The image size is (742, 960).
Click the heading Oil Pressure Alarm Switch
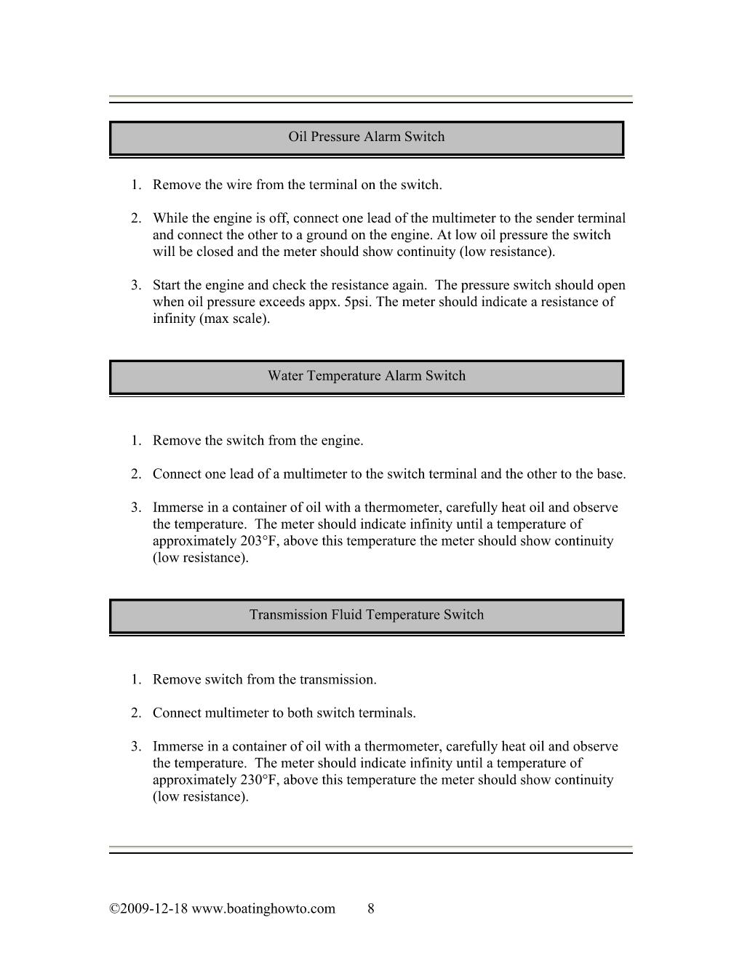tap(366, 137)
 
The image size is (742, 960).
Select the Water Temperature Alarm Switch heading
tap(366, 376)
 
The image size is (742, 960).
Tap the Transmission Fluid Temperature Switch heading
tap(366, 615)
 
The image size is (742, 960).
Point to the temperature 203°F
tap(259, 541)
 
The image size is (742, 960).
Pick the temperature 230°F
tap(259, 780)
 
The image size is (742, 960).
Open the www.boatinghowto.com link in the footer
tap(263, 908)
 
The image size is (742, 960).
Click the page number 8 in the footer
tap(371, 908)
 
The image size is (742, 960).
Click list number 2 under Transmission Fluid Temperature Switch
tap(136, 713)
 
